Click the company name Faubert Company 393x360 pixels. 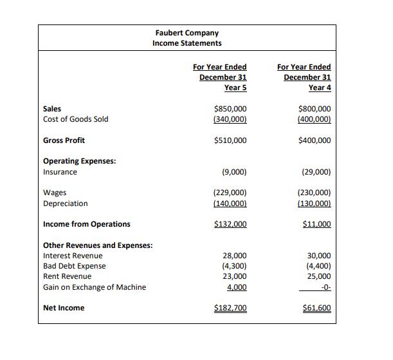click(x=187, y=32)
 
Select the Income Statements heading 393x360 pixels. click(x=187, y=43)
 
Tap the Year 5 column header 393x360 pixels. click(x=219, y=77)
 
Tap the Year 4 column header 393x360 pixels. click(x=304, y=77)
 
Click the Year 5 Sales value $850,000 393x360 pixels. click(x=230, y=109)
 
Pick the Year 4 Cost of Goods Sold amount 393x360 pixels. click(x=315, y=119)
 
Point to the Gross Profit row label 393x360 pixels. click(x=64, y=140)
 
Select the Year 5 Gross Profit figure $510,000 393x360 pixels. click(x=230, y=140)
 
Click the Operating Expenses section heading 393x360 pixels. click(x=79, y=161)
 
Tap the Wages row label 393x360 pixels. click(x=55, y=193)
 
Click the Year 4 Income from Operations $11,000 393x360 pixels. click(x=316, y=224)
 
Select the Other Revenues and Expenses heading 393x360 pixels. click(x=97, y=245)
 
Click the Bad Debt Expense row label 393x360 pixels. click(x=74, y=266)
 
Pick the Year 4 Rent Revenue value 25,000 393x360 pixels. click(x=319, y=276)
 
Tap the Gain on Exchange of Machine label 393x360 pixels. click(x=94, y=287)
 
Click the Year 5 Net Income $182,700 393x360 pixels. click(x=230, y=308)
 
